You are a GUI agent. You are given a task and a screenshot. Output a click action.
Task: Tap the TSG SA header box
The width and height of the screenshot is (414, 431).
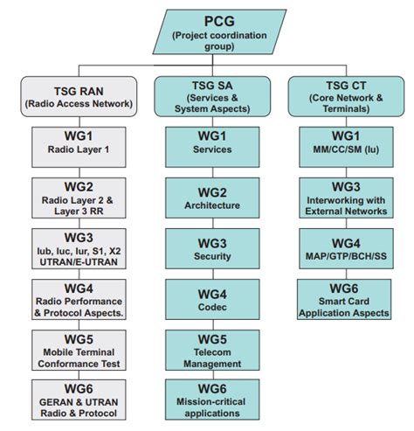(206, 94)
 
